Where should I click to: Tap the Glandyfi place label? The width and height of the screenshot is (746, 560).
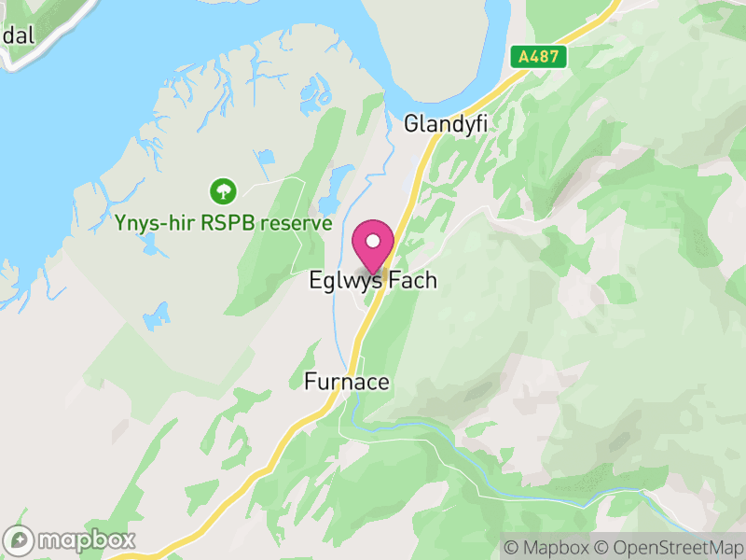(446, 123)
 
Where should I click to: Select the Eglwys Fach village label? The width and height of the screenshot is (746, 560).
(373, 281)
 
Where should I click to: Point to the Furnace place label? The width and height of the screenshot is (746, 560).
(346, 383)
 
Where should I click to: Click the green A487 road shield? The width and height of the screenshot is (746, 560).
(539, 56)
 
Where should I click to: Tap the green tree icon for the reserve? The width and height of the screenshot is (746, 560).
(223, 192)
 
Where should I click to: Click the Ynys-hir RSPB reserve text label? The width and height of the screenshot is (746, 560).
(223, 224)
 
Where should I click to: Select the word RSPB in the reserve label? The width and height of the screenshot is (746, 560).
(238, 224)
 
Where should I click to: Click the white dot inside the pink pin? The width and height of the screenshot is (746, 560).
(373, 242)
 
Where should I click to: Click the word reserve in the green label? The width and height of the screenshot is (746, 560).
(297, 224)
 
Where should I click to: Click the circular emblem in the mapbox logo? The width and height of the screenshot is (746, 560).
(19, 539)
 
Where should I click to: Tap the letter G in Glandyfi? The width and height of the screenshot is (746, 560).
(410, 123)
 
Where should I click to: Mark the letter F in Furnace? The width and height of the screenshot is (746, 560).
(310, 383)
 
